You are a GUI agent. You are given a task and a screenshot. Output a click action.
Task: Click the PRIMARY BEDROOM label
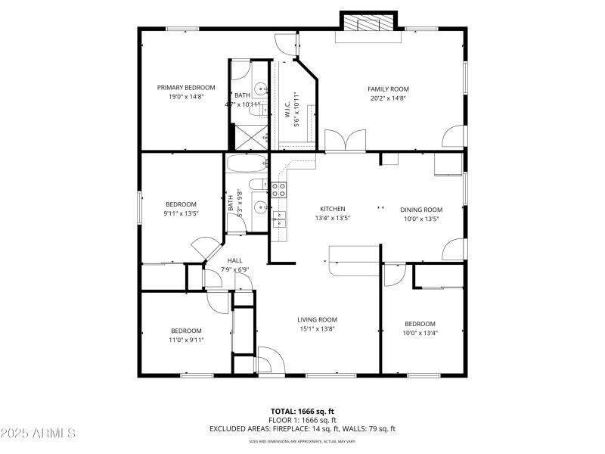tap(186, 88)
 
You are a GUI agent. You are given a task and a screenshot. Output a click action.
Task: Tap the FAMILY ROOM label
tap(388, 89)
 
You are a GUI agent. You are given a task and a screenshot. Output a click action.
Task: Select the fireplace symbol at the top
tap(369, 23)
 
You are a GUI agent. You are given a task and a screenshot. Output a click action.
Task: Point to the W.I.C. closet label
tap(288, 111)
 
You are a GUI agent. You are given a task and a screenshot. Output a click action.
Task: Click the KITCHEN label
tap(332, 209)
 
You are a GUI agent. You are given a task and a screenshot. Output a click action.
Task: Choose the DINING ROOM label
tap(421, 210)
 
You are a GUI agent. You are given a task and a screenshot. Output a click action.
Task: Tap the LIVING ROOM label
tap(317, 319)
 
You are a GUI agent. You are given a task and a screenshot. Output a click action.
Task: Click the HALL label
tap(234, 260)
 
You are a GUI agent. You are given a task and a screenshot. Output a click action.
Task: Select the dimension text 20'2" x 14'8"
tap(388, 98)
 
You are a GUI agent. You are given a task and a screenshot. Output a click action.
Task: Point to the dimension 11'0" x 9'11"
tap(186, 340)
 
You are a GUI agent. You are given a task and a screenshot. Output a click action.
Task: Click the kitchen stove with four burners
tap(278, 190)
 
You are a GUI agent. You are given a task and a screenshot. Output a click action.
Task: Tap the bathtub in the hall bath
tap(246, 163)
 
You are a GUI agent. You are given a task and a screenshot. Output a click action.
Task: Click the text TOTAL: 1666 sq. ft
tap(302, 411)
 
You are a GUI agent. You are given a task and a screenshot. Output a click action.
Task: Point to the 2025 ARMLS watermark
tap(38, 434)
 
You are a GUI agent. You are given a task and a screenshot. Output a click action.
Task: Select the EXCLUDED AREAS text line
tap(302, 429)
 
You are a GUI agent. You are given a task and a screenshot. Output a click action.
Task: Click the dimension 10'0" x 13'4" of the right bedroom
tap(420, 333)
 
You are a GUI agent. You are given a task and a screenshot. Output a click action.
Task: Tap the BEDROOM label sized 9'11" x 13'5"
tap(181, 204)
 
